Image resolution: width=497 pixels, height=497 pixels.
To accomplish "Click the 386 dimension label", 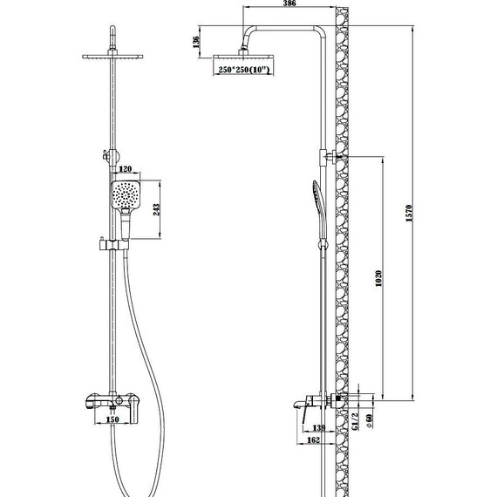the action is tap(289, 3).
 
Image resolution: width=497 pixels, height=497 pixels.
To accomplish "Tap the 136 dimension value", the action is tap(196, 42).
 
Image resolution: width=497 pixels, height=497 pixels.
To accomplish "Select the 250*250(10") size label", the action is tap(243, 70).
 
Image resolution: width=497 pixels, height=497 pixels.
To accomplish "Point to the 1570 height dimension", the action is tap(409, 214).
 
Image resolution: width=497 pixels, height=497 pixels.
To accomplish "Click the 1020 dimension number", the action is tap(378, 278).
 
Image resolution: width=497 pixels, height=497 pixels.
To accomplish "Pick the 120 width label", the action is tap(125, 169).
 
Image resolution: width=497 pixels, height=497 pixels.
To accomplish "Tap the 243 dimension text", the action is tap(156, 210).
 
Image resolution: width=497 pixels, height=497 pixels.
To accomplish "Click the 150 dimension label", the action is tap(112, 419).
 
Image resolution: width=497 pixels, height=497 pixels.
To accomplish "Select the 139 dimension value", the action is tap(319, 428).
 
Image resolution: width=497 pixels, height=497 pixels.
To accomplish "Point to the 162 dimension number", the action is tap(314, 440).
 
